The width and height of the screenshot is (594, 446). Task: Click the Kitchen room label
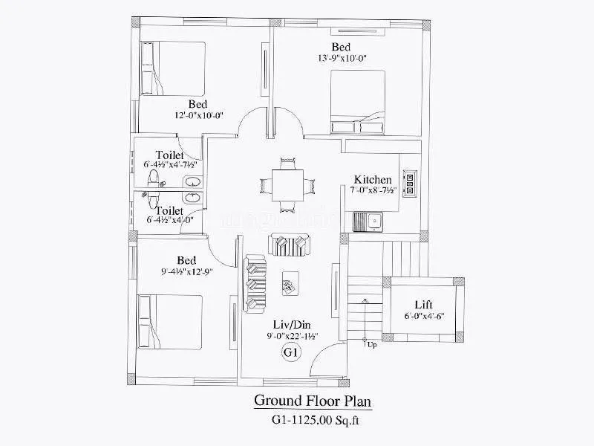373,180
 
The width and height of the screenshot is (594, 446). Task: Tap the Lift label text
425,305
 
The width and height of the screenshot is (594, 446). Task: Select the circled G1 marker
290,353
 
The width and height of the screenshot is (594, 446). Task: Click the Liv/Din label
288,324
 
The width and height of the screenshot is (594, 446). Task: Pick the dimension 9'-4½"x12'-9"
186,272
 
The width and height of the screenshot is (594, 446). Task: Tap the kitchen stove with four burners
409,183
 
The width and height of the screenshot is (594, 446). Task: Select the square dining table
286,184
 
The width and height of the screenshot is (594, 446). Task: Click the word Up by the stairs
371,345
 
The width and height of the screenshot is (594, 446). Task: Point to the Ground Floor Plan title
313,401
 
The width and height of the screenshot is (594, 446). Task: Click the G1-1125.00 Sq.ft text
313,420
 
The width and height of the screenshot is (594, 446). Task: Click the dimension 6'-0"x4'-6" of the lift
425,317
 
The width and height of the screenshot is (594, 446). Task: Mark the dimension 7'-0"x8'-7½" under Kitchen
373,191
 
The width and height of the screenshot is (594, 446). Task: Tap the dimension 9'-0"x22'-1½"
288,336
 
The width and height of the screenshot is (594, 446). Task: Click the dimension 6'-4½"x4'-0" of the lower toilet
170,220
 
